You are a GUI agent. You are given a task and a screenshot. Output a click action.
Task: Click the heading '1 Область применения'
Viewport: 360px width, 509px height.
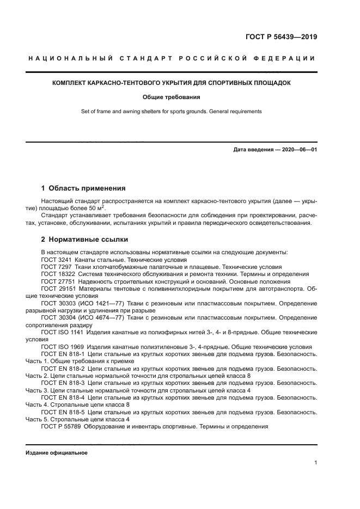(x=83, y=189)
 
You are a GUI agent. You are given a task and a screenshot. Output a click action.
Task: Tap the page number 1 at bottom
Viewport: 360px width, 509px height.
(x=315, y=463)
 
